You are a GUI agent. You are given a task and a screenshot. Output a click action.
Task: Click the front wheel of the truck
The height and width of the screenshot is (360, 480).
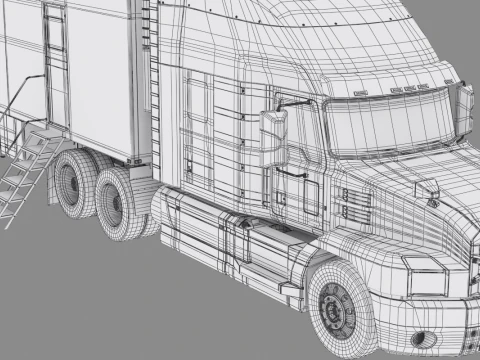pos(339,308)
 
